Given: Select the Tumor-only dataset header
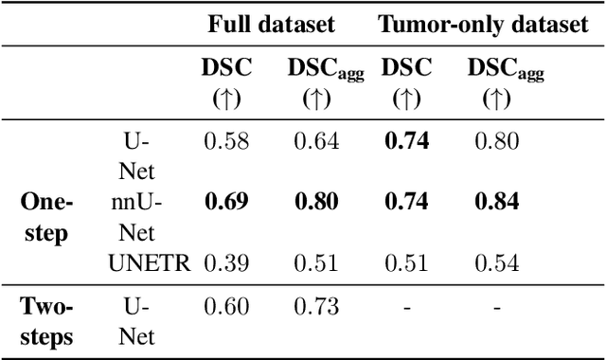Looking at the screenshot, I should [483, 24].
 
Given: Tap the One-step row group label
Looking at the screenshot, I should [45, 217].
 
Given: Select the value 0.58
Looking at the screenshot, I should [225, 142].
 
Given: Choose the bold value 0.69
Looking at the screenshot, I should [225, 201].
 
